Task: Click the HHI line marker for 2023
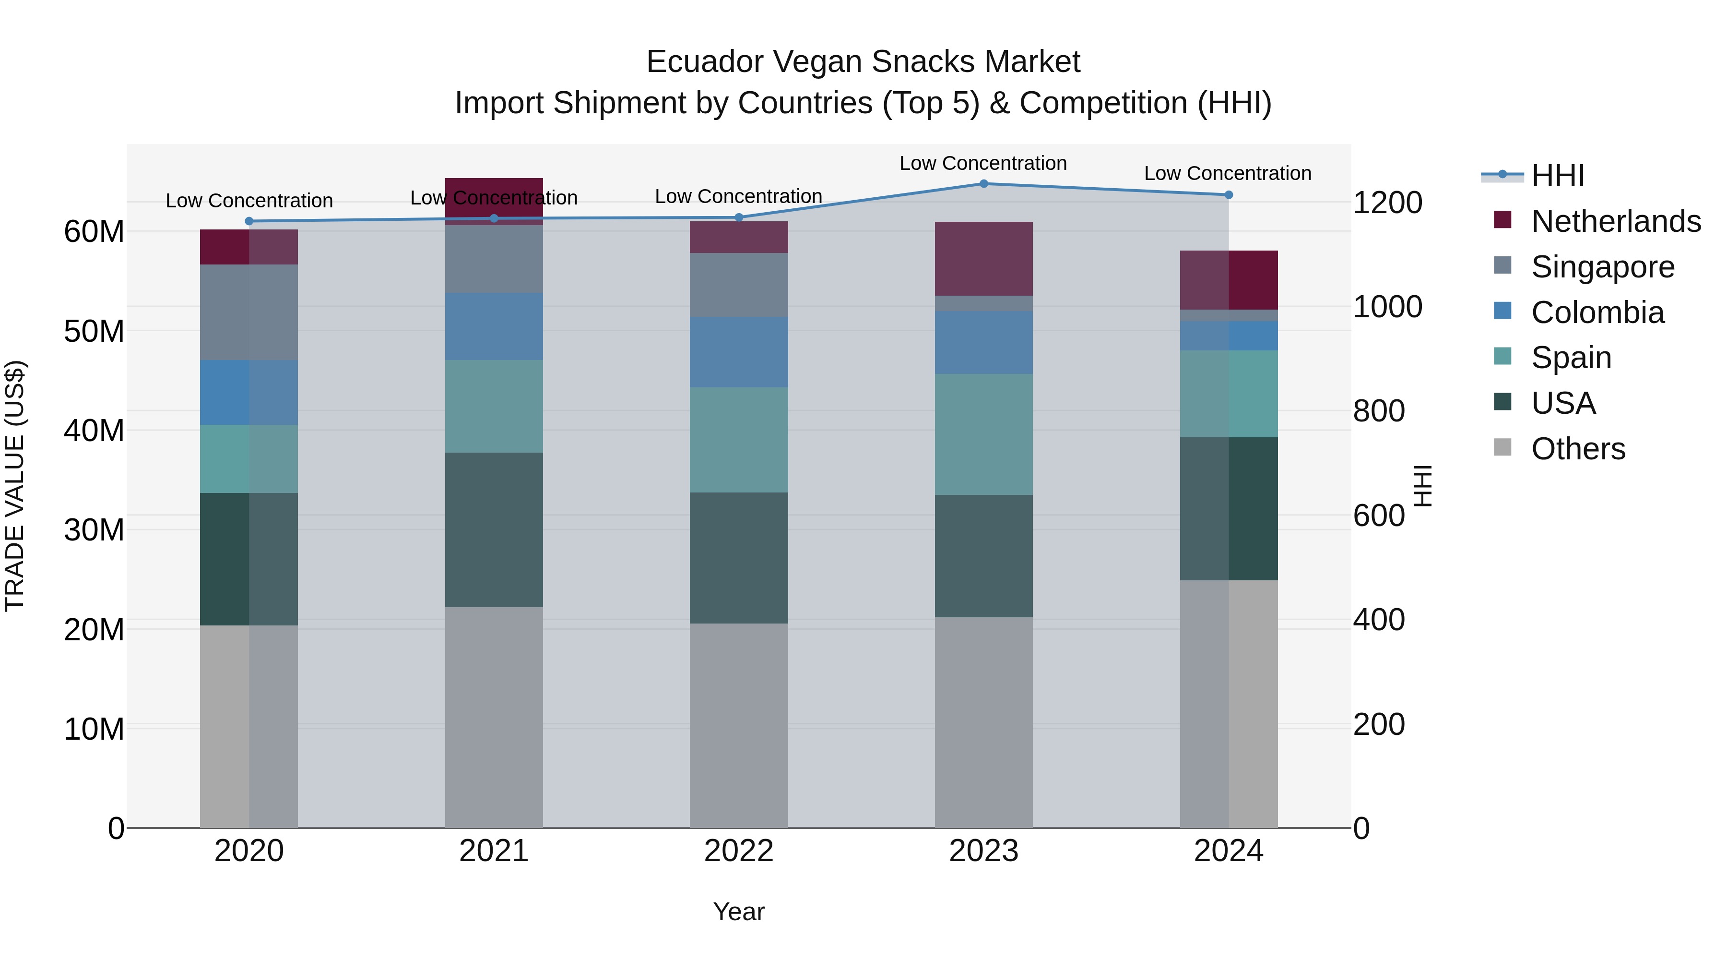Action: click(x=983, y=184)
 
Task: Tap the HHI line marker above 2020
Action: click(x=248, y=221)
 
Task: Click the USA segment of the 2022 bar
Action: click(x=739, y=558)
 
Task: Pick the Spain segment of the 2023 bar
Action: click(x=983, y=435)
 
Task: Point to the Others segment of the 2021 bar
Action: click(x=494, y=718)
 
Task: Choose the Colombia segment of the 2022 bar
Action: click(x=739, y=352)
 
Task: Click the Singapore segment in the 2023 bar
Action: click(x=983, y=303)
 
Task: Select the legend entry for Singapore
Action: click(x=1602, y=267)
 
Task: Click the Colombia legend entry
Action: click(x=1597, y=312)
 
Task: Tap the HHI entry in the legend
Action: click(x=1557, y=176)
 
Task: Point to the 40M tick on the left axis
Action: click(x=94, y=431)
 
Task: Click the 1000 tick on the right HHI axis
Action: click(x=1387, y=307)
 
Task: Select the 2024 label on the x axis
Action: click(x=1228, y=851)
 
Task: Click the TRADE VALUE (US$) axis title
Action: click(x=15, y=486)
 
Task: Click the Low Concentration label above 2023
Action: click(x=983, y=163)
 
